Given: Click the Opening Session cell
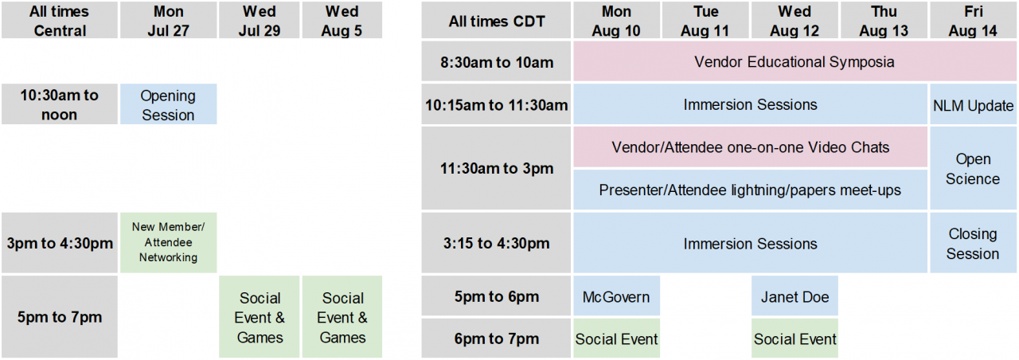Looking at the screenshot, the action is [x=168, y=104].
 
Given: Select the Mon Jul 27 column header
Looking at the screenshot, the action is [x=168, y=20].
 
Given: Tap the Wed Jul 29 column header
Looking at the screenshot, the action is [x=260, y=20].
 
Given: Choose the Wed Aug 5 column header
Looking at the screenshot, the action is [x=342, y=20].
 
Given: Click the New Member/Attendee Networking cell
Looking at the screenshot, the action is [x=168, y=243].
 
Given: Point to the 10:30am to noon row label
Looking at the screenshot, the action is [x=60, y=104].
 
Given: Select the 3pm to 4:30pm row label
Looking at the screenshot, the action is [x=60, y=243].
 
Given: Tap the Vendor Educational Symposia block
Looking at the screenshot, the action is [x=795, y=61].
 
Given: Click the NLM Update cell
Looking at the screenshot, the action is [x=973, y=104].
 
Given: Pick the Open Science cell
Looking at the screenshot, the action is [x=973, y=168].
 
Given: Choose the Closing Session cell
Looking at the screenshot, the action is [x=973, y=243].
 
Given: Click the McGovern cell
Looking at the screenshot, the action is [x=616, y=295].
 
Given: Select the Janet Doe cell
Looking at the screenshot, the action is [x=795, y=295].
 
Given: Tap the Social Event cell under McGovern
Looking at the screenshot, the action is [x=616, y=338].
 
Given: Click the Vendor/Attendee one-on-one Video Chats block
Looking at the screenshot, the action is [x=750, y=147].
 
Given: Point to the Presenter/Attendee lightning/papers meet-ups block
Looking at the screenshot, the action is [x=750, y=190].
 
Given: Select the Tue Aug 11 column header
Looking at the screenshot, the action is [x=705, y=20].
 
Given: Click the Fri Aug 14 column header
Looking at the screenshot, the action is [x=973, y=20].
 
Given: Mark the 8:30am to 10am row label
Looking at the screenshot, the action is [x=496, y=61].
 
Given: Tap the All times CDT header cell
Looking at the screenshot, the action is [x=496, y=20].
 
